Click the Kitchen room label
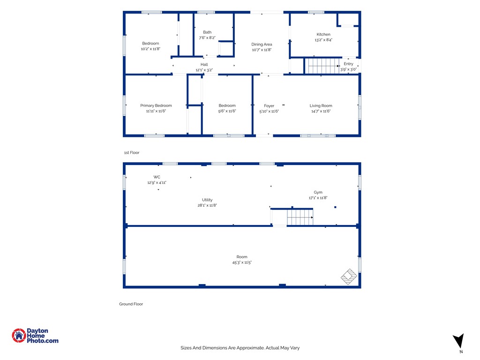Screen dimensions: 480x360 pos(323,34)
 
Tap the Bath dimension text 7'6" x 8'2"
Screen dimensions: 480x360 pos(207,37)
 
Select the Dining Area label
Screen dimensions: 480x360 pos(262,45)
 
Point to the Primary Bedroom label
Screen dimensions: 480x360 pos(156,105)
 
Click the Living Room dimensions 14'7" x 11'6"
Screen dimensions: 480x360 pos(321,111)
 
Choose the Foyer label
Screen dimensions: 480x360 pos(269,105)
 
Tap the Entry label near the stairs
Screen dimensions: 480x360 pos(348,64)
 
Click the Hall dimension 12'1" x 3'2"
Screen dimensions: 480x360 pos(204,70)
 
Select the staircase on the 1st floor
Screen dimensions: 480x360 pos(323,66)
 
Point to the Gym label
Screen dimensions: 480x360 pos(318,192)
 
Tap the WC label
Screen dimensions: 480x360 pos(157,177)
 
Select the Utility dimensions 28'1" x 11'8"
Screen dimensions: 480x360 pos(207,205)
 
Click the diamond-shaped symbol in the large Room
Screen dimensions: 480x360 pos(349,277)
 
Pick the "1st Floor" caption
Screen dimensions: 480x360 pos(132,152)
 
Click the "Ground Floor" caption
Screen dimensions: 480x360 pos(131,304)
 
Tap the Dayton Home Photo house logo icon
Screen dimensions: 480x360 pos(19,336)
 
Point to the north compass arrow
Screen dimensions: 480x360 pos(459,341)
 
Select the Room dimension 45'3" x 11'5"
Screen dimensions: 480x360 pos(242,262)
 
